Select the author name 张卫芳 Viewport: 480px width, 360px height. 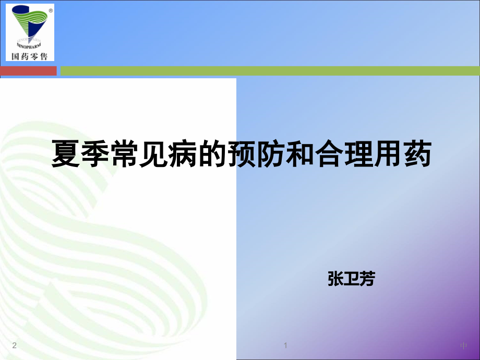(351, 279)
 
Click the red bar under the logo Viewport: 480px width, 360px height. (28, 70)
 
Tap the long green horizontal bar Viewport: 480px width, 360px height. (269, 70)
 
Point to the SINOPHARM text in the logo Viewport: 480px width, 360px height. (29, 44)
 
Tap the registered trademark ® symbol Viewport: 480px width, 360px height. (50, 10)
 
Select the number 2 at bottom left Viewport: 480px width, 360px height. (14, 345)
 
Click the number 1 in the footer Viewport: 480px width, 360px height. (286, 345)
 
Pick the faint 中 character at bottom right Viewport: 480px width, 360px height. (464, 346)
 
